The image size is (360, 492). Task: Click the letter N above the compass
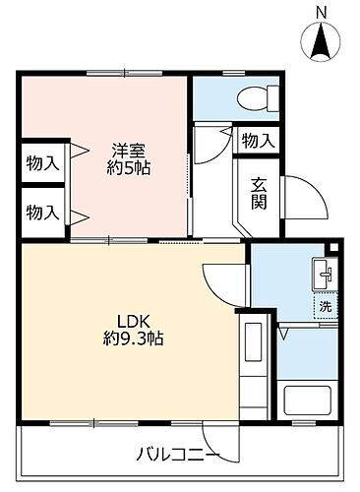(x=321, y=12)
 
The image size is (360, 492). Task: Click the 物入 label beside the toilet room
(x=259, y=142)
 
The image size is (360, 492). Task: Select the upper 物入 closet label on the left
(x=40, y=162)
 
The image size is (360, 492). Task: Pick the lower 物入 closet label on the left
(x=40, y=211)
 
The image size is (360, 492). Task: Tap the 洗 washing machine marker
(x=325, y=306)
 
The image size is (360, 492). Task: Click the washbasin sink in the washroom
(x=323, y=274)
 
